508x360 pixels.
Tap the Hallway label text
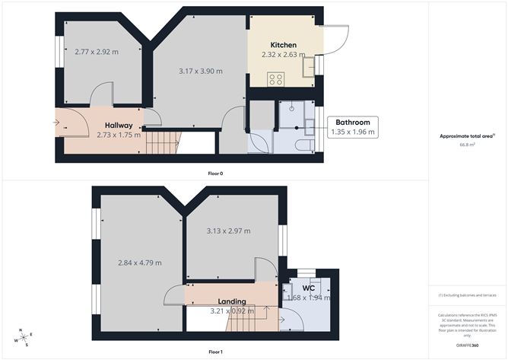click(119, 126)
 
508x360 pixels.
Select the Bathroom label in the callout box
click(354, 122)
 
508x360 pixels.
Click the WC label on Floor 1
click(308, 288)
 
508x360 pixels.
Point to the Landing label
click(231, 301)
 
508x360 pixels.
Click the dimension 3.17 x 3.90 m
click(200, 71)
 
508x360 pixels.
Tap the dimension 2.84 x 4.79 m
click(139, 263)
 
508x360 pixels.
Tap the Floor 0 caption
click(216, 174)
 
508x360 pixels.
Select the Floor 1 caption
click(216, 352)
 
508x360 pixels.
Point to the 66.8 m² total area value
click(466, 144)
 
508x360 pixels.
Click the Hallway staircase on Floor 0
click(162, 141)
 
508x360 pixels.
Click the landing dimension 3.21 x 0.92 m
click(232, 311)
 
